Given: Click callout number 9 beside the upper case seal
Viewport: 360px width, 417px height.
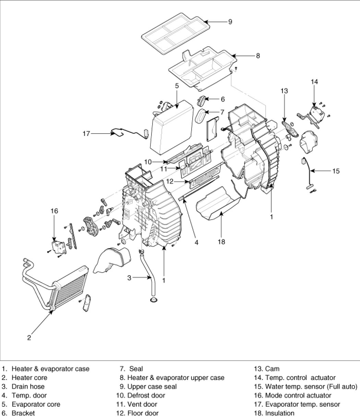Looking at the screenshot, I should (x=230, y=22).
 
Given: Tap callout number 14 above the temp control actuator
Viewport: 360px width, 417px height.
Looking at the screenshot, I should (x=314, y=82).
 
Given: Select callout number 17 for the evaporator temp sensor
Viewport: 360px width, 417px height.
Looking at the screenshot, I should (x=86, y=134).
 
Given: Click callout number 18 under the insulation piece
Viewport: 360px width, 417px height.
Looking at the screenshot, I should (x=221, y=242).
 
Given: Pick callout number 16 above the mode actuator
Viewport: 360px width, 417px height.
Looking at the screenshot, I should (x=54, y=211).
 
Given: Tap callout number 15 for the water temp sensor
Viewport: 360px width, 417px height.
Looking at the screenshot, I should (x=336, y=170).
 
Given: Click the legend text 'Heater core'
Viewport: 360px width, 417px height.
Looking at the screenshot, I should (x=29, y=378).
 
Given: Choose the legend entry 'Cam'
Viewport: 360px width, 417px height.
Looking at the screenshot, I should (x=272, y=369).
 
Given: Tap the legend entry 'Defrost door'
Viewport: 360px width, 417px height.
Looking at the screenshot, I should (x=146, y=395).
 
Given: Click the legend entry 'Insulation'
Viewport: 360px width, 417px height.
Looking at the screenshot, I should (x=280, y=413).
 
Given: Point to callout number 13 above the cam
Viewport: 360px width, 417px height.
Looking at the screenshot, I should (x=284, y=91).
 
